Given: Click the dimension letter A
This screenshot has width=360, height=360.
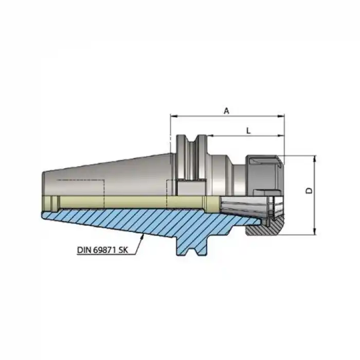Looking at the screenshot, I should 227,110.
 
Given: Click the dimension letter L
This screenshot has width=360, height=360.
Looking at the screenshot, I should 248,131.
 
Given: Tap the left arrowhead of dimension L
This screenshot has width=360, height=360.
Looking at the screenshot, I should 209,137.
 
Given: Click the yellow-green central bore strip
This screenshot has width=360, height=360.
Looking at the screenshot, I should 129,201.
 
